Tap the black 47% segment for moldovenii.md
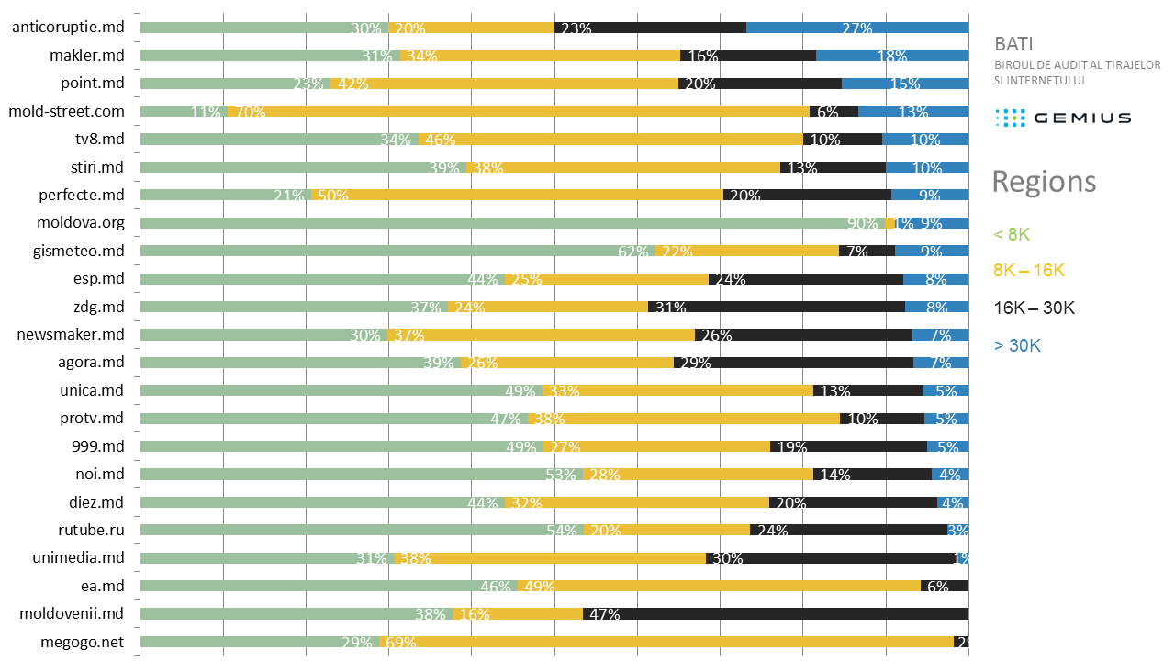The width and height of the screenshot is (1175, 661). (x=776, y=613)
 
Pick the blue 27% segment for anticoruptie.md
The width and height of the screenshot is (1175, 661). (x=857, y=28)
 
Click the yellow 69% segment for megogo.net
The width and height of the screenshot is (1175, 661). (x=666, y=642)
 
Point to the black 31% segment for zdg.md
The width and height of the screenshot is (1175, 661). (x=777, y=307)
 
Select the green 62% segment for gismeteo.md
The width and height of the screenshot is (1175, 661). (x=397, y=251)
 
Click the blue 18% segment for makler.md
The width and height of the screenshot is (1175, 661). (x=892, y=55)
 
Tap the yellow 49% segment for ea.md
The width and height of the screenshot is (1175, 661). (x=719, y=586)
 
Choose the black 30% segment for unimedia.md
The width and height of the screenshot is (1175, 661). (x=831, y=557)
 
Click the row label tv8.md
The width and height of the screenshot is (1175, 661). (x=99, y=140)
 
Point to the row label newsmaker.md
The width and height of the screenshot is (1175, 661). (x=71, y=334)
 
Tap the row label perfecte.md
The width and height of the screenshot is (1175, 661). (x=81, y=195)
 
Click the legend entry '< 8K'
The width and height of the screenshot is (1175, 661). (x=1012, y=234)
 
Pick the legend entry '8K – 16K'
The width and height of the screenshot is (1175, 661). (x=1029, y=271)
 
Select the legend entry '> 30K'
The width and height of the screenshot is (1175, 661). (x=1017, y=345)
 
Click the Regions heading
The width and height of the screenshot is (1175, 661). (x=1044, y=182)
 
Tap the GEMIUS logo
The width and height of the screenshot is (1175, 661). (x=1063, y=118)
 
